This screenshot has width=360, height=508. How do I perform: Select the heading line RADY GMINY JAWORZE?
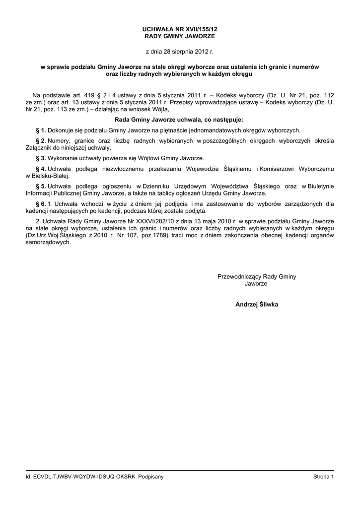point(179,37)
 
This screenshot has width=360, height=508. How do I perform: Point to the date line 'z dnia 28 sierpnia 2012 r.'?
point(179,51)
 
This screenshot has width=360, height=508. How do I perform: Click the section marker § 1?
point(41,130)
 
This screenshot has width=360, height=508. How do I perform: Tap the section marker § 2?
point(41,141)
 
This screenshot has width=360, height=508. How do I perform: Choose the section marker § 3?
point(41,158)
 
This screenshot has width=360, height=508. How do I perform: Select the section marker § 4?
point(41,169)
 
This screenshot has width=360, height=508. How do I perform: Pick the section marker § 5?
point(41,186)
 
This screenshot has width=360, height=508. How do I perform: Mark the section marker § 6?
point(41,203)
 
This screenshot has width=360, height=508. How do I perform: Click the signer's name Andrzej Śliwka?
point(257,305)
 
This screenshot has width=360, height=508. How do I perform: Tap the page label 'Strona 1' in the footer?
point(324,477)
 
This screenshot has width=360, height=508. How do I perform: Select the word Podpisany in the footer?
point(151,477)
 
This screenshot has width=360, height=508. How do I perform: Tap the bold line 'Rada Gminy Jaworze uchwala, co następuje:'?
point(179,120)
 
